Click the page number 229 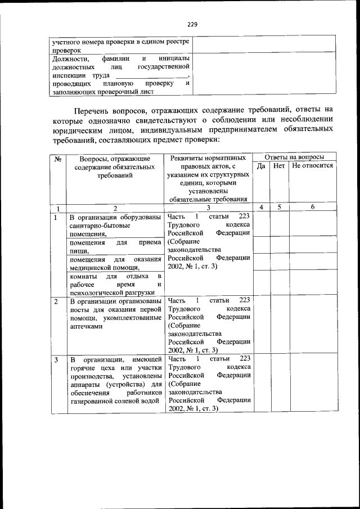(192, 25)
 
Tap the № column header (57, 159)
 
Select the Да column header (261, 166)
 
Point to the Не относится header (312, 166)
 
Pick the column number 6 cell (312, 207)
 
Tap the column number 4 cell (261, 207)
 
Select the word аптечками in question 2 (86, 326)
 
